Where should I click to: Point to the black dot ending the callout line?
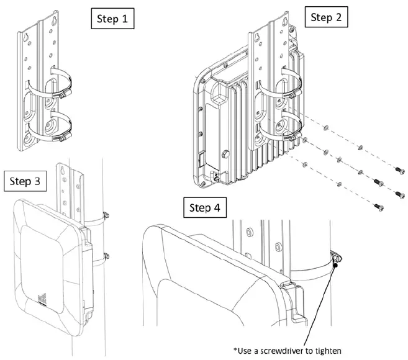coord(335,265)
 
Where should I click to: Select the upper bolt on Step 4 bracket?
coord(248,232)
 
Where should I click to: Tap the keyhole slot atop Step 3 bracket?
coord(63,169)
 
